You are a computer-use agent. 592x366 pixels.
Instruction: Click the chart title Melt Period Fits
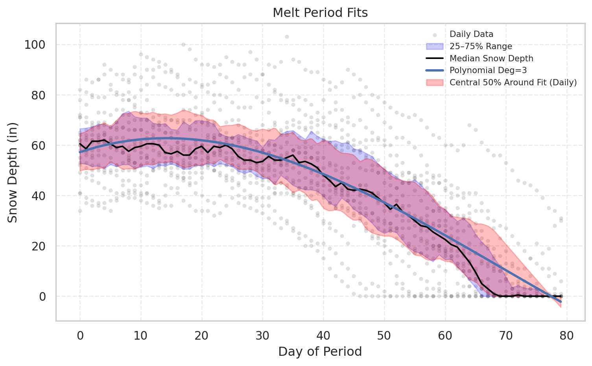[320, 13]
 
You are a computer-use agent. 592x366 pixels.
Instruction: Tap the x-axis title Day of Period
[320, 351]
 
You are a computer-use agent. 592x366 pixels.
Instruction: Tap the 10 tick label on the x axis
[141, 335]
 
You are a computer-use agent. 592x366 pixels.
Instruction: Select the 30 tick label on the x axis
[262, 335]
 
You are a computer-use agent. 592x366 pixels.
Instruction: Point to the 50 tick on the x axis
[384, 335]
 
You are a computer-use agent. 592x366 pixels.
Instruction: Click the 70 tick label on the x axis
[506, 335]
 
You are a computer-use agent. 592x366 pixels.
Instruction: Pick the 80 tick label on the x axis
[567, 335]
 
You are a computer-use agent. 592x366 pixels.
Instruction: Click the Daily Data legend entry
[471, 34]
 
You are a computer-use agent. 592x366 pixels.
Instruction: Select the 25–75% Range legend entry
[481, 46]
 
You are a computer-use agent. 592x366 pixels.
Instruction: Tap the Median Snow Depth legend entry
[491, 59]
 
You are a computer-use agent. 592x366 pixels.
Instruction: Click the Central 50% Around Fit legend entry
[513, 83]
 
